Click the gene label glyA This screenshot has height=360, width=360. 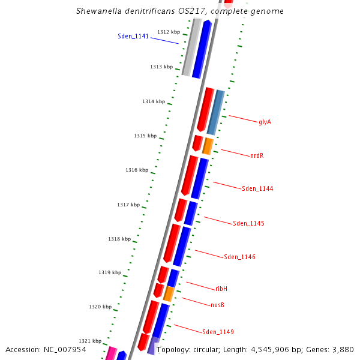coord(265,122)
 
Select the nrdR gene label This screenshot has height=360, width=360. coord(256,155)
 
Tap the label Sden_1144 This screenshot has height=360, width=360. coord(257,188)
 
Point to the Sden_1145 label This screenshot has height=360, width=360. coord(248,223)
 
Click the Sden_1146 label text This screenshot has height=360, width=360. coord(239,257)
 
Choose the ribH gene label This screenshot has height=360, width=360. coord(221,289)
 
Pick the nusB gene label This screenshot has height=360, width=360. coord(217,305)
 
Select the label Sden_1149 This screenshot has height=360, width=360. coord(218,332)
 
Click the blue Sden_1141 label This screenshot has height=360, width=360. coord(133,37)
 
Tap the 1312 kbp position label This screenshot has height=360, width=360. coord(169,32)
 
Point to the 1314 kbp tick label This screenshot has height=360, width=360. coord(154,101)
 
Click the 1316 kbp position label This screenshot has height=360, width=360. coord(137,170)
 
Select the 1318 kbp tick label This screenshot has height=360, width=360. coord(119,239)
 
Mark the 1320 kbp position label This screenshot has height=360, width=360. coord(100,307)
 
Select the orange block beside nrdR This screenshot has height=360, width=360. coord(208,146)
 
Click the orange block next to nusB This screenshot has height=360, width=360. coord(169,293)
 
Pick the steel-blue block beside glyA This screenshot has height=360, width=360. coord(215,112)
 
